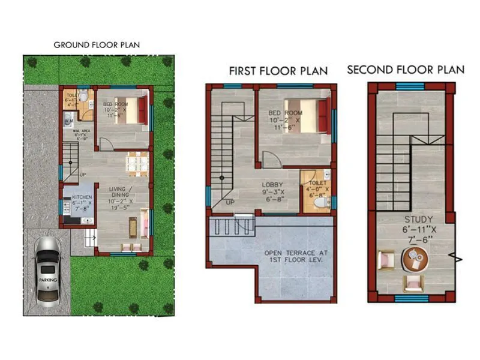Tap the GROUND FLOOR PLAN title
97,45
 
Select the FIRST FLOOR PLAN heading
278,71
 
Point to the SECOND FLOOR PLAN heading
406,70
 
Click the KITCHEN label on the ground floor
81,197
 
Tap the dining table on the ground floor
137,163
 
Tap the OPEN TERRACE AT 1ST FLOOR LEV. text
294,257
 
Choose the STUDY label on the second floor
415,220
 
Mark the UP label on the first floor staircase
230,203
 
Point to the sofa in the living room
144,223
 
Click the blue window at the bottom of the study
411,298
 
